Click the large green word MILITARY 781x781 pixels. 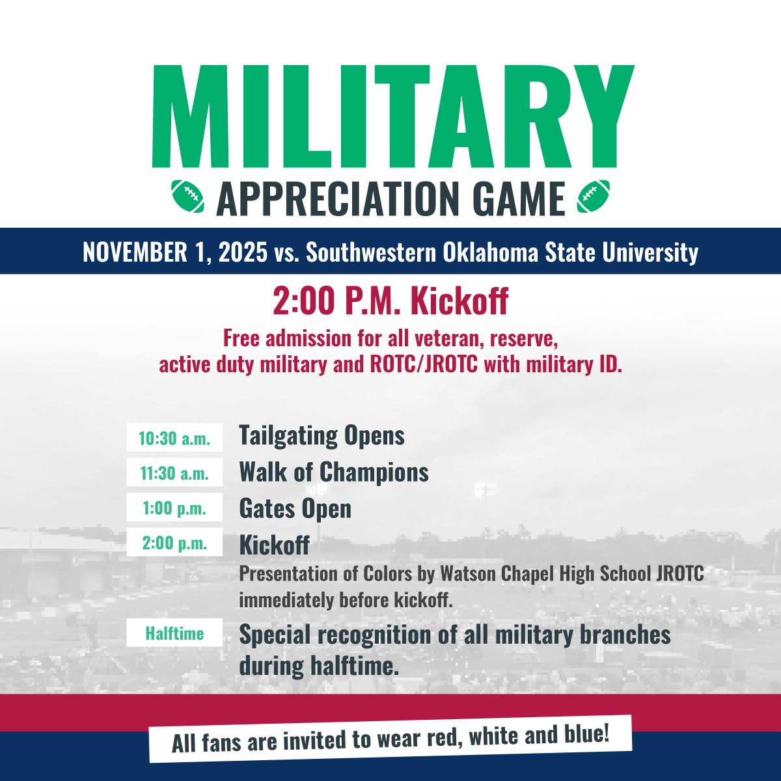(x=392, y=117)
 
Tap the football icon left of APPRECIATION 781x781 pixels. (x=187, y=196)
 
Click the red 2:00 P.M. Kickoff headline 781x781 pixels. (x=390, y=302)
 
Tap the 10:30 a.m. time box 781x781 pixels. (x=174, y=438)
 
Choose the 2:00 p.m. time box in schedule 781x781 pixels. (x=174, y=543)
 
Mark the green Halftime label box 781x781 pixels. (x=174, y=633)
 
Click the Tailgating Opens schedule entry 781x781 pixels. (x=322, y=435)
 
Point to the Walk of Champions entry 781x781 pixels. (x=334, y=472)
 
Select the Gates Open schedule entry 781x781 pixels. (x=295, y=508)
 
